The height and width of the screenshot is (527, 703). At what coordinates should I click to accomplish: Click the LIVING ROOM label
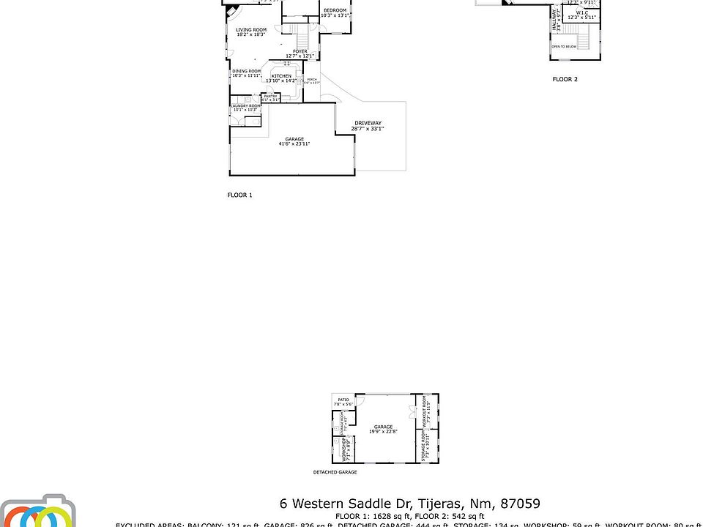(x=250, y=29)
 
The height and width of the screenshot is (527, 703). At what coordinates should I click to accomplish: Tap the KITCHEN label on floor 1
(x=281, y=76)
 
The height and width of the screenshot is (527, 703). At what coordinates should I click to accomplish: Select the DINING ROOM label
(x=247, y=71)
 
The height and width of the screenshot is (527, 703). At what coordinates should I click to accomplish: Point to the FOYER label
(x=300, y=51)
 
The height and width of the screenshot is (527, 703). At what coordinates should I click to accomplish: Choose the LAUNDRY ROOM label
(x=245, y=106)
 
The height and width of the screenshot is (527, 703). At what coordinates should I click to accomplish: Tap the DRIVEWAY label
(x=368, y=123)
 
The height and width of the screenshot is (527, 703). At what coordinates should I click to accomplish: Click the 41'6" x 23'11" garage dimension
(x=294, y=144)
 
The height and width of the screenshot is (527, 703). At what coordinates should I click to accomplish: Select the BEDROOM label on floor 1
(x=335, y=10)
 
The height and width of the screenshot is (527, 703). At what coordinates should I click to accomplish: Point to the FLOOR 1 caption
(x=239, y=195)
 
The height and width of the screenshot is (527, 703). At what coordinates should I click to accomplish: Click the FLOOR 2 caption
(x=565, y=79)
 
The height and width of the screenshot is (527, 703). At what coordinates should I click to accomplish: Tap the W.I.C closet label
(x=583, y=12)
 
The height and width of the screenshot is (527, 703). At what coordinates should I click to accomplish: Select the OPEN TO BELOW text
(x=564, y=46)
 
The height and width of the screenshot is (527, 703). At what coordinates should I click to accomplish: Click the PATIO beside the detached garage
(x=343, y=400)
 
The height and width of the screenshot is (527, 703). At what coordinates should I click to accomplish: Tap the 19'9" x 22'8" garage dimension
(x=383, y=432)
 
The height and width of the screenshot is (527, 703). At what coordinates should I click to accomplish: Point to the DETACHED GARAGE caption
(x=335, y=473)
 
